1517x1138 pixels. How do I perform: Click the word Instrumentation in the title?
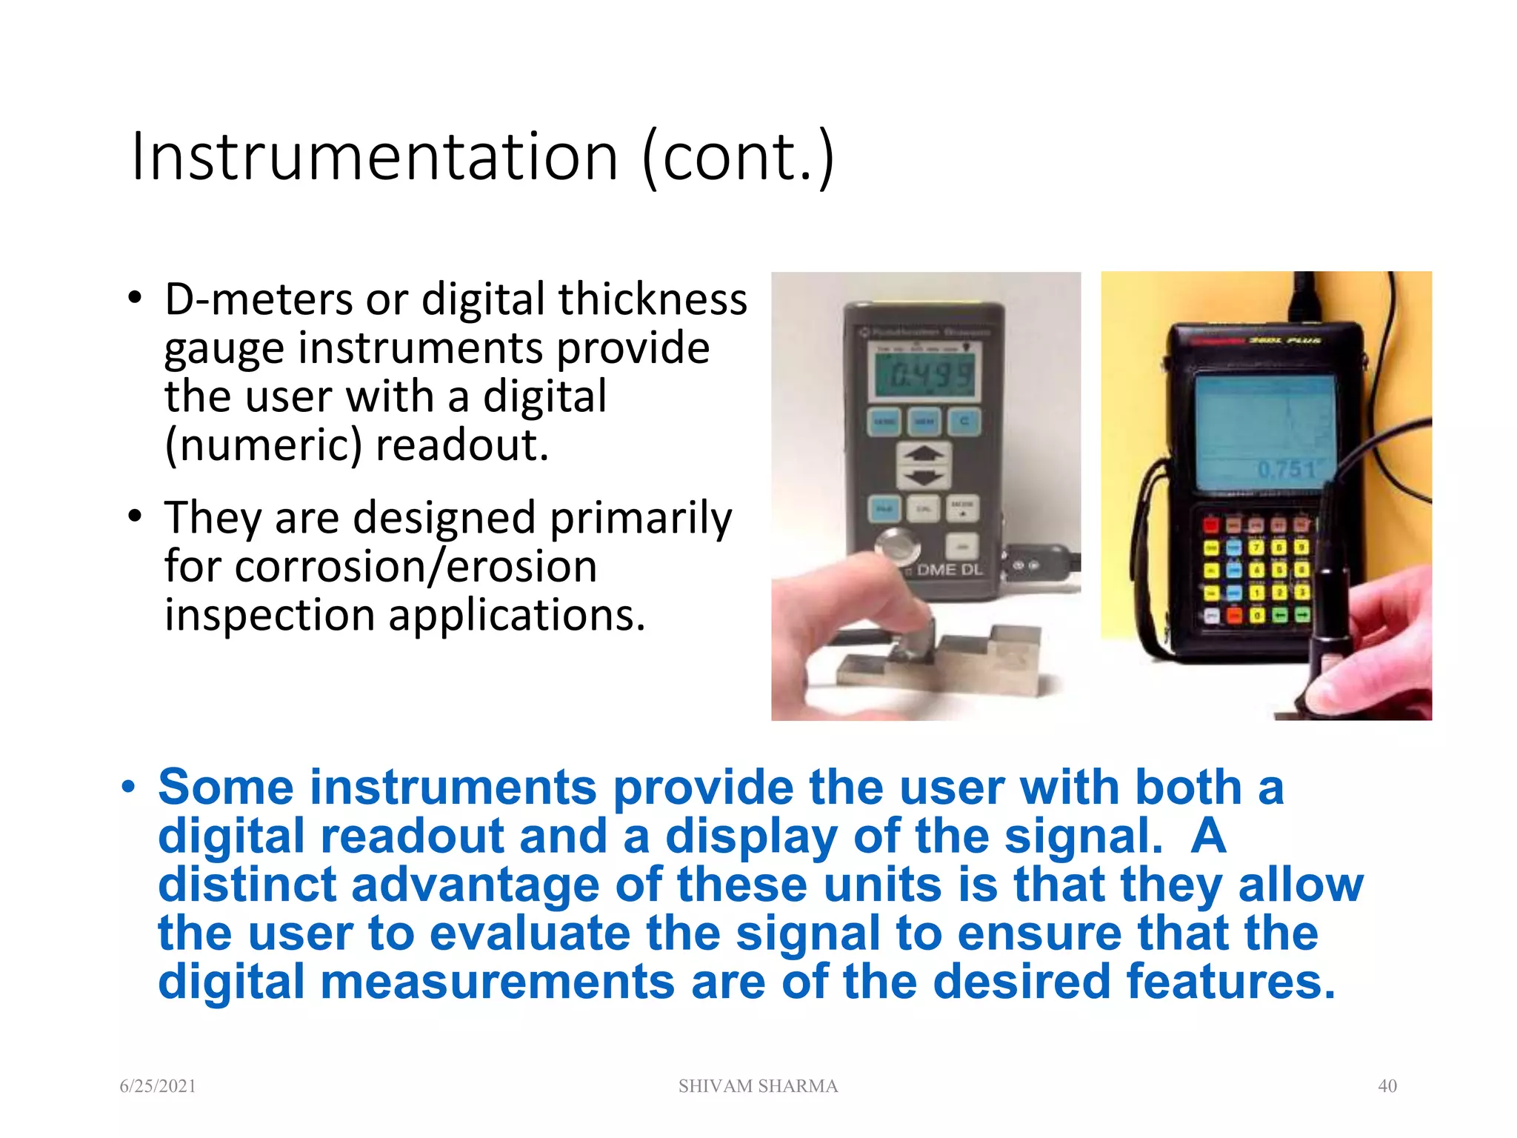click(374, 157)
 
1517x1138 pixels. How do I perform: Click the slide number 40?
click(1387, 1086)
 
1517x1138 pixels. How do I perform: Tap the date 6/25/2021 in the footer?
click(158, 1086)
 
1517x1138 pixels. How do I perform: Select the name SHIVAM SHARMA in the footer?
click(758, 1086)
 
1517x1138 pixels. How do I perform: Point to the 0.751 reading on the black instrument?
click(1287, 470)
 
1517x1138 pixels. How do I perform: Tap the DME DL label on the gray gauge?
click(950, 570)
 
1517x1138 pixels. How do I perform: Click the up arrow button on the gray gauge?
click(923, 453)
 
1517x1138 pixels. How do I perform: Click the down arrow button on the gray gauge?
click(923, 478)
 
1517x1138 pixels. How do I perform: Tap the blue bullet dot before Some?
click(129, 787)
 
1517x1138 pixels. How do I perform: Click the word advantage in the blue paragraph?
click(475, 885)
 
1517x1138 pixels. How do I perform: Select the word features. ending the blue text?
click(1230, 982)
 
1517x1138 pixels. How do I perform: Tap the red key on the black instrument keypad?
click(1210, 526)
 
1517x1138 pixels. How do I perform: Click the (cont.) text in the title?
click(738, 157)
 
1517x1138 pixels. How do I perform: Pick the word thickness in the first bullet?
click(652, 299)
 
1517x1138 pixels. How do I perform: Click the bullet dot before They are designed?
click(134, 516)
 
